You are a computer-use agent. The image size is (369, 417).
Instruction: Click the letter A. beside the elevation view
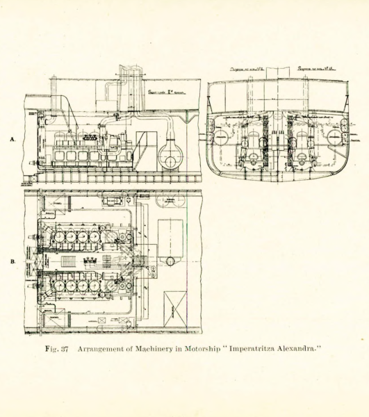[x=12, y=140]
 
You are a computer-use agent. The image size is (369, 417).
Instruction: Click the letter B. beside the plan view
[x=12, y=261]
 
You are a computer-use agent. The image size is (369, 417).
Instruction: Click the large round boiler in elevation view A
[x=169, y=158]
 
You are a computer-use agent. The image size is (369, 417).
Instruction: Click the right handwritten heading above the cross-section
[x=311, y=69]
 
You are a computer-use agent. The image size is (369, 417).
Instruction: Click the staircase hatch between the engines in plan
[x=68, y=261]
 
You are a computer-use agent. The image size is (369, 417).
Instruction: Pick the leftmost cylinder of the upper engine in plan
[x=60, y=237]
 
